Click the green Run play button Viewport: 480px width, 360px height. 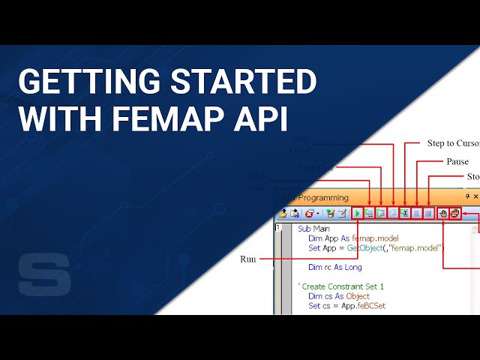[x=358, y=214]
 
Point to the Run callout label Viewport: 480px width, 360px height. [x=248, y=259]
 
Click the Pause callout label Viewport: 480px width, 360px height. [x=457, y=161]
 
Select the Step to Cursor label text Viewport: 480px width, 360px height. [x=453, y=143]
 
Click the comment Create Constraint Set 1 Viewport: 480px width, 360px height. [x=342, y=286]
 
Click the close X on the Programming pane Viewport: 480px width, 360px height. [x=475, y=196]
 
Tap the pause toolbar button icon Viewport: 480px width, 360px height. [x=417, y=214]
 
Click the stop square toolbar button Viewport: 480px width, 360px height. [x=428, y=214]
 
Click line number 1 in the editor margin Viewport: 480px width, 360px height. [x=278, y=228]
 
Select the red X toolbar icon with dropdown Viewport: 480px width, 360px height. [x=309, y=214]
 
